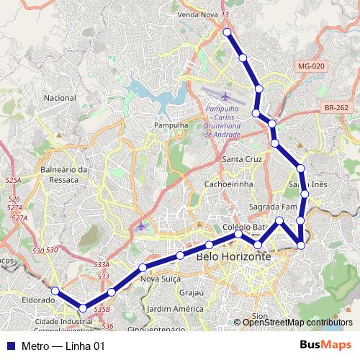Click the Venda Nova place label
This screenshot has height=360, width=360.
coord(198,14)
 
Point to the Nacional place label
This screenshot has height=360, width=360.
coord(60,97)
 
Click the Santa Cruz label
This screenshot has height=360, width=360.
coord(243,159)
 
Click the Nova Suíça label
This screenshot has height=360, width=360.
coord(159,279)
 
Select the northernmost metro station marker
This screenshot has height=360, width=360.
coord(227,32)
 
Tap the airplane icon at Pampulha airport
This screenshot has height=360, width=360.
coord(226,96)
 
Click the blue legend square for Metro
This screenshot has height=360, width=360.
coord(8,346)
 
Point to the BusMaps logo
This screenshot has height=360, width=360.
coord(331,346)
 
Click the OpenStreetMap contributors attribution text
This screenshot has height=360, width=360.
coord(297,323)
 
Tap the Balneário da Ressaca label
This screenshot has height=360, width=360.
coord(64,175)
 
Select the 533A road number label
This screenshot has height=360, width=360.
coord(102,266)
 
